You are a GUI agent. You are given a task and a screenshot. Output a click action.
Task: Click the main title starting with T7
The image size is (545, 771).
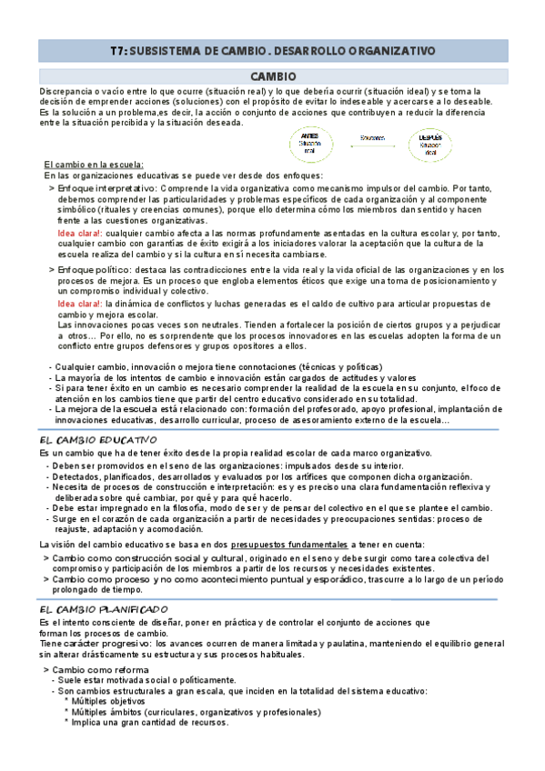click(271, 52)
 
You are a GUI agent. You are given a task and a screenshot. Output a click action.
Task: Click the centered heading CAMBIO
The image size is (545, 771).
click(271, 79)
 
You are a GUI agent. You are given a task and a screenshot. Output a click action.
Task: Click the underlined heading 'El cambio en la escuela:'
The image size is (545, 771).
click(94, 165)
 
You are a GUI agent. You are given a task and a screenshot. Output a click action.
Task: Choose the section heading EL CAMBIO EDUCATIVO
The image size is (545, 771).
click(100, 440)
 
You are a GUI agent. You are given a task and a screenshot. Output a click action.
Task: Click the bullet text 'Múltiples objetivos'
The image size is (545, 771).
click(117, 701)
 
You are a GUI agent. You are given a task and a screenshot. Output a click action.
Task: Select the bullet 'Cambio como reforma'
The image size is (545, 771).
click(99, 669)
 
